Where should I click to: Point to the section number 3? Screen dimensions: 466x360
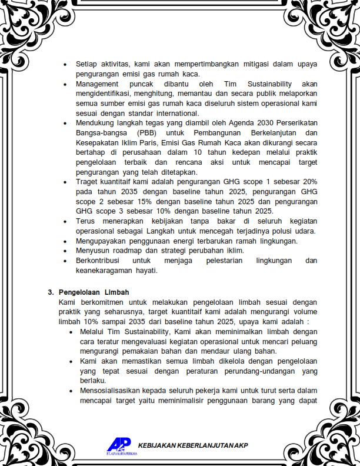pos(51,292)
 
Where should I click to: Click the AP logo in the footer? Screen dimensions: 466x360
pos(119,445)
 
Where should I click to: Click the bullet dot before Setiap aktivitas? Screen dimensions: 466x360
pos(65,64)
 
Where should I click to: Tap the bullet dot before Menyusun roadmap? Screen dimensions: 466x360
pos(65,251)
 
